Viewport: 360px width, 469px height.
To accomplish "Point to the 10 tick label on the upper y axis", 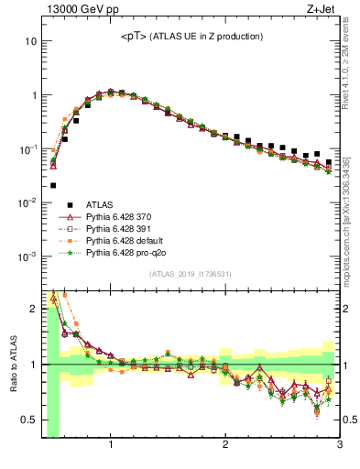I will tap(30, 42).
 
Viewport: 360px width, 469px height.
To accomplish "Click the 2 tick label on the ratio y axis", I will tap(33, 309).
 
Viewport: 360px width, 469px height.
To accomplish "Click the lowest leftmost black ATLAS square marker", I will tap(53, 185).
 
